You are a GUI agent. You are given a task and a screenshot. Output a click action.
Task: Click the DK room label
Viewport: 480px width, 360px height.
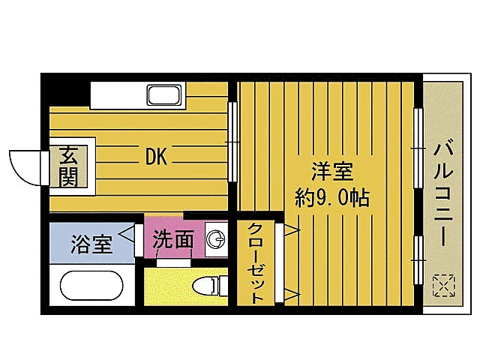[x=156, y=157]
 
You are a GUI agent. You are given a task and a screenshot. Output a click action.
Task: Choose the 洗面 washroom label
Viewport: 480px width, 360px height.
[x=173, y=240]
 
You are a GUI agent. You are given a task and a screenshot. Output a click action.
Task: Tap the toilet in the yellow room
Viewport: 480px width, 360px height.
[x=211, y=285]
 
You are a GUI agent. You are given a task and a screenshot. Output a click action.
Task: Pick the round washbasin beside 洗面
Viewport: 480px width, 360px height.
[x=215, y=240]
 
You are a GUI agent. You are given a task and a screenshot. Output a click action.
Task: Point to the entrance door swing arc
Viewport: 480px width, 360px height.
[x=22, y=166]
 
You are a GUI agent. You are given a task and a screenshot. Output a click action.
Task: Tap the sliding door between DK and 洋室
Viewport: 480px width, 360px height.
[x=232, y=140]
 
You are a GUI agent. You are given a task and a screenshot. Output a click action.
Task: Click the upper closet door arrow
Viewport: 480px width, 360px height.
[x=289, y=228]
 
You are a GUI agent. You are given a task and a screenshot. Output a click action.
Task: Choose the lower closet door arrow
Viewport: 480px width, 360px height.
[x=289, y=293]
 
